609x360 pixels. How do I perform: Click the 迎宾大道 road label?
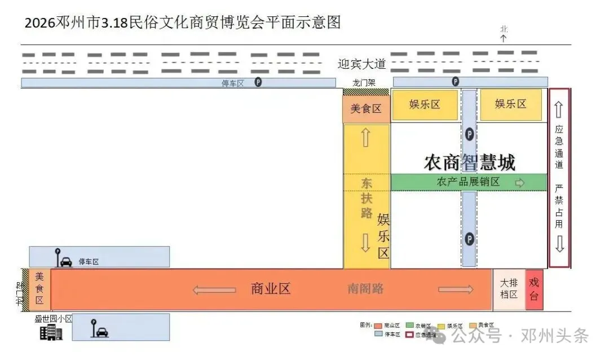tap(361, 64)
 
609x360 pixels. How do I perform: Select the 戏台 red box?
tap(534, 289)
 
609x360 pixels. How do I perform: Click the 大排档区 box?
tap(509, 289)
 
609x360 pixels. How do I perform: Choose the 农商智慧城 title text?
tap(469, 163)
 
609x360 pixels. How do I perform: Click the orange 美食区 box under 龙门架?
tap(366, 109)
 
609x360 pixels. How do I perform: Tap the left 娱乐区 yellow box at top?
tap(425, 104)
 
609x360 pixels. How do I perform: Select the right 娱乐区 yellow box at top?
tap(510, 104)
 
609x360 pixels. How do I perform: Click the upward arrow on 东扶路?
tap(366, 138)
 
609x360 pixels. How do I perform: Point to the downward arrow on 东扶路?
tap(366, 242)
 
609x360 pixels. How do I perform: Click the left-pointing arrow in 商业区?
tap(214, 289)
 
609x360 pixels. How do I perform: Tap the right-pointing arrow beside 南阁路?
tap(456, 289)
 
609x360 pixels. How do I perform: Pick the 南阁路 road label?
tap(365, 289)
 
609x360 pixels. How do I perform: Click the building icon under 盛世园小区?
tap(51, 332)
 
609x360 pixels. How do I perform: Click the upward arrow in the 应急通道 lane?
tap(559, 109)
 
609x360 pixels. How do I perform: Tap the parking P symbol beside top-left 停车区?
tap(258, 82)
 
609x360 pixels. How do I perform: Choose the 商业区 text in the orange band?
tap(271, 289)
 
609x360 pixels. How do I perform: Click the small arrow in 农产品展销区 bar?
tap(520, 183)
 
